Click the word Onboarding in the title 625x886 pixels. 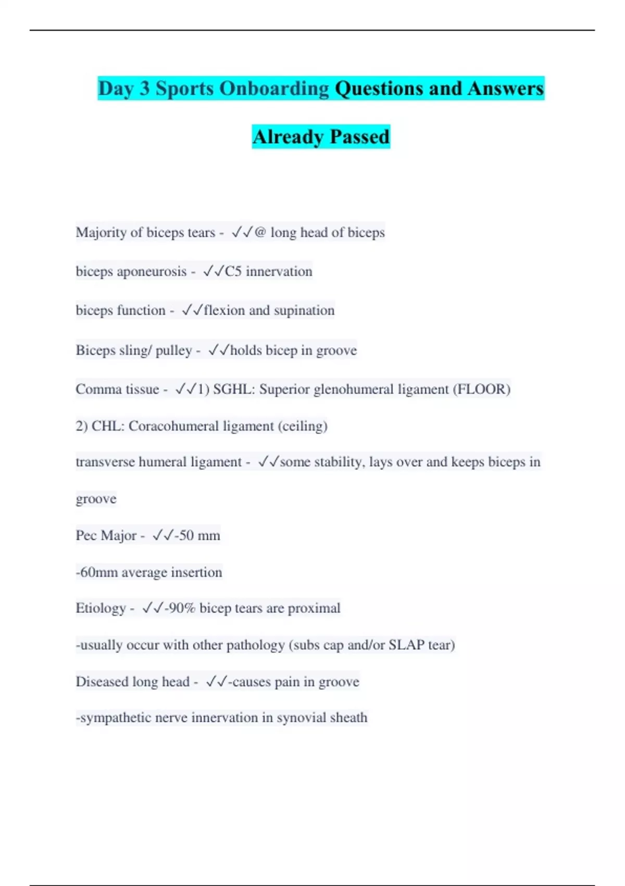tap(274, 89)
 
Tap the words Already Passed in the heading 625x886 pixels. tap(321, 137)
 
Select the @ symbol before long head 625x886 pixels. tap(260, 232)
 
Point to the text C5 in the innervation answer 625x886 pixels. tap(233, 272)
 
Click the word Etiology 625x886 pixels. tap(101, 608)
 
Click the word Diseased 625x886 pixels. tap(102, 682)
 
